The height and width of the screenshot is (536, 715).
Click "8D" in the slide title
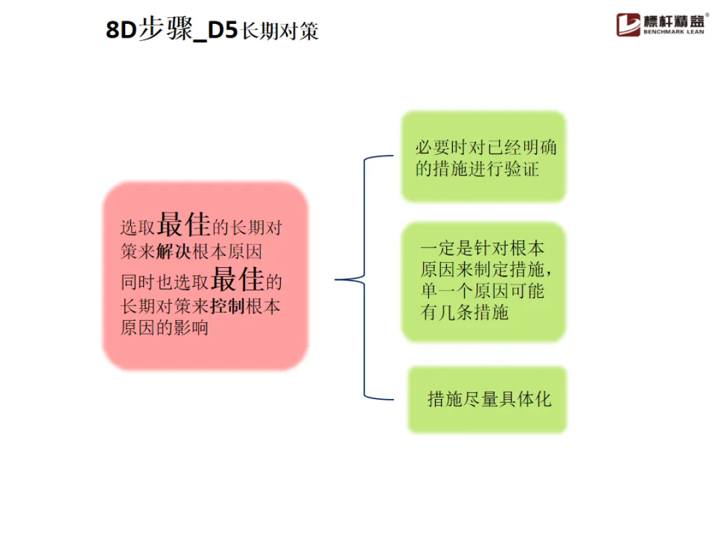click(120, 30)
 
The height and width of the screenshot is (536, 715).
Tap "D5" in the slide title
click(221, 30)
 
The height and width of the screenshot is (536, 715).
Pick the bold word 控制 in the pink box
click(228, 306)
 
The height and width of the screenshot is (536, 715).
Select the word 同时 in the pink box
click(137, 283)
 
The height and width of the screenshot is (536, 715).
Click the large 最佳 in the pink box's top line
click(183, 226)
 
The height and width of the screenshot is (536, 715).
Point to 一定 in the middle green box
click(438, 249)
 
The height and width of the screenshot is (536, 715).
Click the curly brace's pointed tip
click(337, 280)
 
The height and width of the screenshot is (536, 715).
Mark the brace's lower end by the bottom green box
click(393, 400)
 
